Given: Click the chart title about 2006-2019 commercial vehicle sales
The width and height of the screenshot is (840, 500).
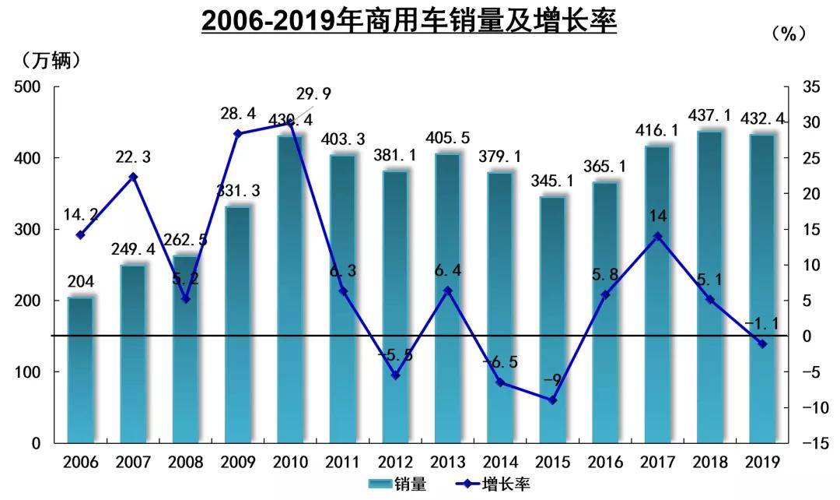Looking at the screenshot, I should point(409,21).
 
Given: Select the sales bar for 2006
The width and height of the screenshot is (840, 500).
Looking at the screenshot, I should point(80,370).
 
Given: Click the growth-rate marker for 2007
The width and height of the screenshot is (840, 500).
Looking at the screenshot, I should point(133,177).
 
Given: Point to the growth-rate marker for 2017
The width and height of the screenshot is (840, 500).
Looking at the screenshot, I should point(658,236).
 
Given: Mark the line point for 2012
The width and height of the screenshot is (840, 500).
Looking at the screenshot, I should point(395,375).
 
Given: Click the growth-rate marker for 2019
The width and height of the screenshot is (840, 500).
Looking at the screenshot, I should point(763,343).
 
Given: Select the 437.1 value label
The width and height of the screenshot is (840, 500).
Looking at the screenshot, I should point(711,116).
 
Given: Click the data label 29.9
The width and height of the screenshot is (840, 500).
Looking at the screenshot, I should point(313,94).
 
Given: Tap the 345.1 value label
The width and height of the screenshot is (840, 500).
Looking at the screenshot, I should point(553,181).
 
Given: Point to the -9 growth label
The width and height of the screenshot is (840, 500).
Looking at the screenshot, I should point(553,380).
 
